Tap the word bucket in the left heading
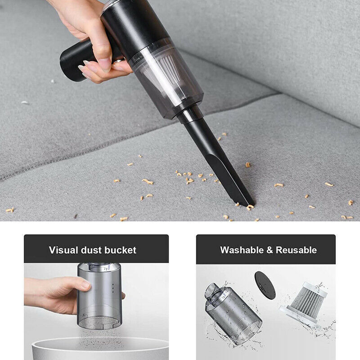pos(120,250)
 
